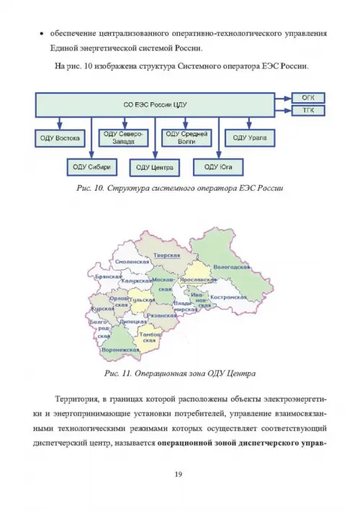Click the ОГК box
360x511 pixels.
pyautogui.click(x=308, y=98)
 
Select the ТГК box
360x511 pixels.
pyautogui.click(x=308, y=111)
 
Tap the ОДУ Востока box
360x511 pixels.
pyautogui.click(x=60, y=138)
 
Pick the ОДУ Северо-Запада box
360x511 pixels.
pyautogui.click(x=123, y=138)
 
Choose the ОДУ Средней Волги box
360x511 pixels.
pyautogui.click(x=186, y=138)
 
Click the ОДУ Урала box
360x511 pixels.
pyautogui.click(x=250, y=138)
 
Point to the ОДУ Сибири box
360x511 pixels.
pyautogui.click(x=91, y=167)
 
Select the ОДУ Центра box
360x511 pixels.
pyautogui.click(x=155, y=168)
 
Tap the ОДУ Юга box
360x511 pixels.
pyautogui.click(x=218, y=167)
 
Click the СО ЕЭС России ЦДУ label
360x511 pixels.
pyautogui.click(x=155, y=105)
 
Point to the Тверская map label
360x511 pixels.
pyautogui.click(x=166, y=256)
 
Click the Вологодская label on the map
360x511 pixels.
pyautogui.click(x=231, y=267)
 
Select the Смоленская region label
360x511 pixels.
pyautogui.click(x=132, y=262)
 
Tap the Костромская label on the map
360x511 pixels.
pyautogui.click(x=228, y=297)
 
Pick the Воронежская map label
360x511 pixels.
pyautogui.click(x=120, y=350)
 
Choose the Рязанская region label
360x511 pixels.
pyautogui.click(x=162, y=315)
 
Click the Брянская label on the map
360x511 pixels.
pyautogui.click(x=108, y=276)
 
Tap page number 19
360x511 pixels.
pyautogui.click(x=179, y=474)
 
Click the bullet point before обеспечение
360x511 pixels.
pyautogui.click(x=42, y=34)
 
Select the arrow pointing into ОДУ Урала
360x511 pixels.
pyautogui.click(x=249, y=123)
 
